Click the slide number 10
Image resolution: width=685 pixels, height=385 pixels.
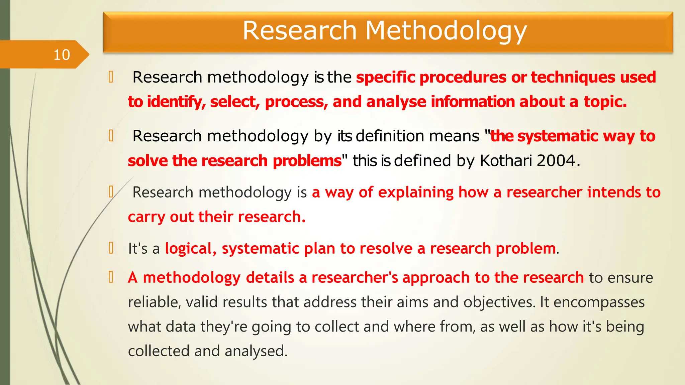click(62, 55)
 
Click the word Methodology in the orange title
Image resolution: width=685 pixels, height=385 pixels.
click(446, 31)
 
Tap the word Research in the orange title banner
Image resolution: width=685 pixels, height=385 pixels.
click(300, 31)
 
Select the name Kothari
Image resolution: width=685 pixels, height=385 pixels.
click(506, 161)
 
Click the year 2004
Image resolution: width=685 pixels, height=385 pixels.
click(556, 161)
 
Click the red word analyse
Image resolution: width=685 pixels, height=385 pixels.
click(396, 102)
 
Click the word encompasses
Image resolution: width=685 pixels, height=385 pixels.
click(599, 302)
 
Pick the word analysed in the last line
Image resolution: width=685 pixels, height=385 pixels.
click(256, 351)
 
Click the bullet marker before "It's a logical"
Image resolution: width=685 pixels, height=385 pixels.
click(111, 248)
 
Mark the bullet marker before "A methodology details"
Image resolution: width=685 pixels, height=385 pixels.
click(111, 277)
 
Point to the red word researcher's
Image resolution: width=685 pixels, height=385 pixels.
click(355, 278)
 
